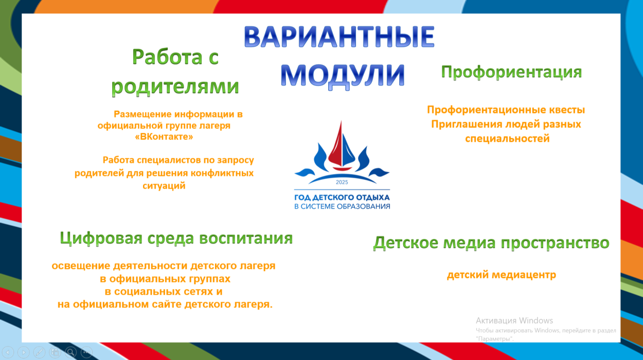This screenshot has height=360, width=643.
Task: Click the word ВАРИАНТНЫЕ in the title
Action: pos(338,38)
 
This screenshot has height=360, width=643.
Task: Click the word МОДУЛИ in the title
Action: pos(343,75)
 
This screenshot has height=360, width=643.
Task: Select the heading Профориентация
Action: pos(511,72)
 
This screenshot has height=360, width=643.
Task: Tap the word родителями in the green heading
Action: pos(175,86)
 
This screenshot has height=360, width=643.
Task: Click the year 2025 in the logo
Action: pos(342,182)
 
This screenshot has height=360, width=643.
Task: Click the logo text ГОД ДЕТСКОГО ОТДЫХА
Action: pos(342,197)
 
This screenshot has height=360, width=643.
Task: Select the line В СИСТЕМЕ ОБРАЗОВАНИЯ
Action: pos(342,207)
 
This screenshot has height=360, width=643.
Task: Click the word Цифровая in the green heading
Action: pos(100,239)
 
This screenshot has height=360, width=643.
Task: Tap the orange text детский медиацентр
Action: pos(501,275)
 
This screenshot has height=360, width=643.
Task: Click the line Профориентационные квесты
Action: pos(506,110)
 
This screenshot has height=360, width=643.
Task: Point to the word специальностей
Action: pos(507,139)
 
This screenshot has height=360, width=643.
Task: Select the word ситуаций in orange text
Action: pos(164,186)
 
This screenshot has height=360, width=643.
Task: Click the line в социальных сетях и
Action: pos(163,292)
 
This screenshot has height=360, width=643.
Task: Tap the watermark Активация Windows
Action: pos(514,320)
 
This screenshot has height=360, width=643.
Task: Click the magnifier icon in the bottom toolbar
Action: pos(71,352)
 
